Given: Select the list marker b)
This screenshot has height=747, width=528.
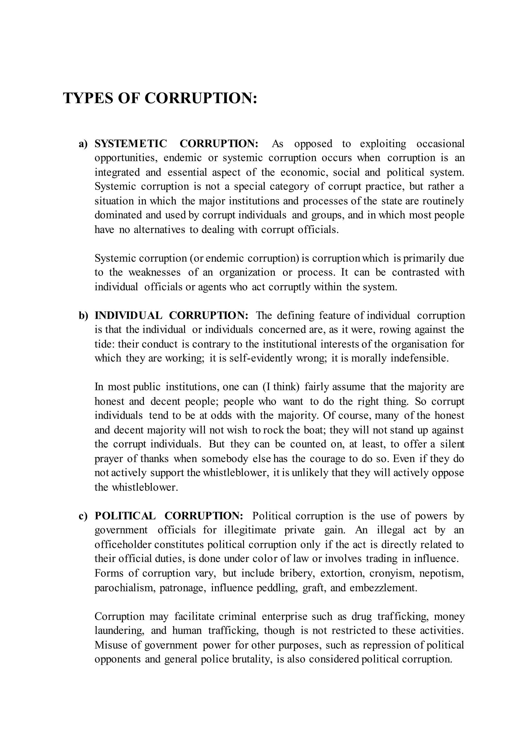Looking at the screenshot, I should click(x=83, y=315).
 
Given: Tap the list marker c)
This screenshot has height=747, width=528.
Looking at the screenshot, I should click(x=83, y=516).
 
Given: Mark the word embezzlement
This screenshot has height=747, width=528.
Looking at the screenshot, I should click(x=383, y=588).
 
